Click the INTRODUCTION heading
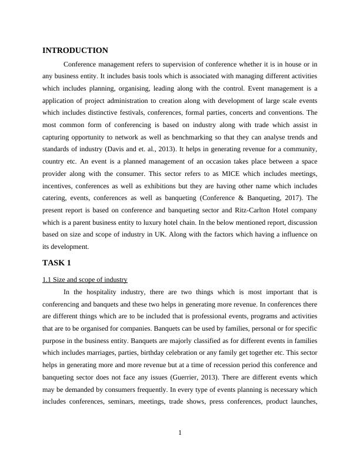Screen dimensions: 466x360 75,51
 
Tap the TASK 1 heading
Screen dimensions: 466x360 56,262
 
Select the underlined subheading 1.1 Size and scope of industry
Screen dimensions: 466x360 85,279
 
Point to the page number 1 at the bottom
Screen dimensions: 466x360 180,434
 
